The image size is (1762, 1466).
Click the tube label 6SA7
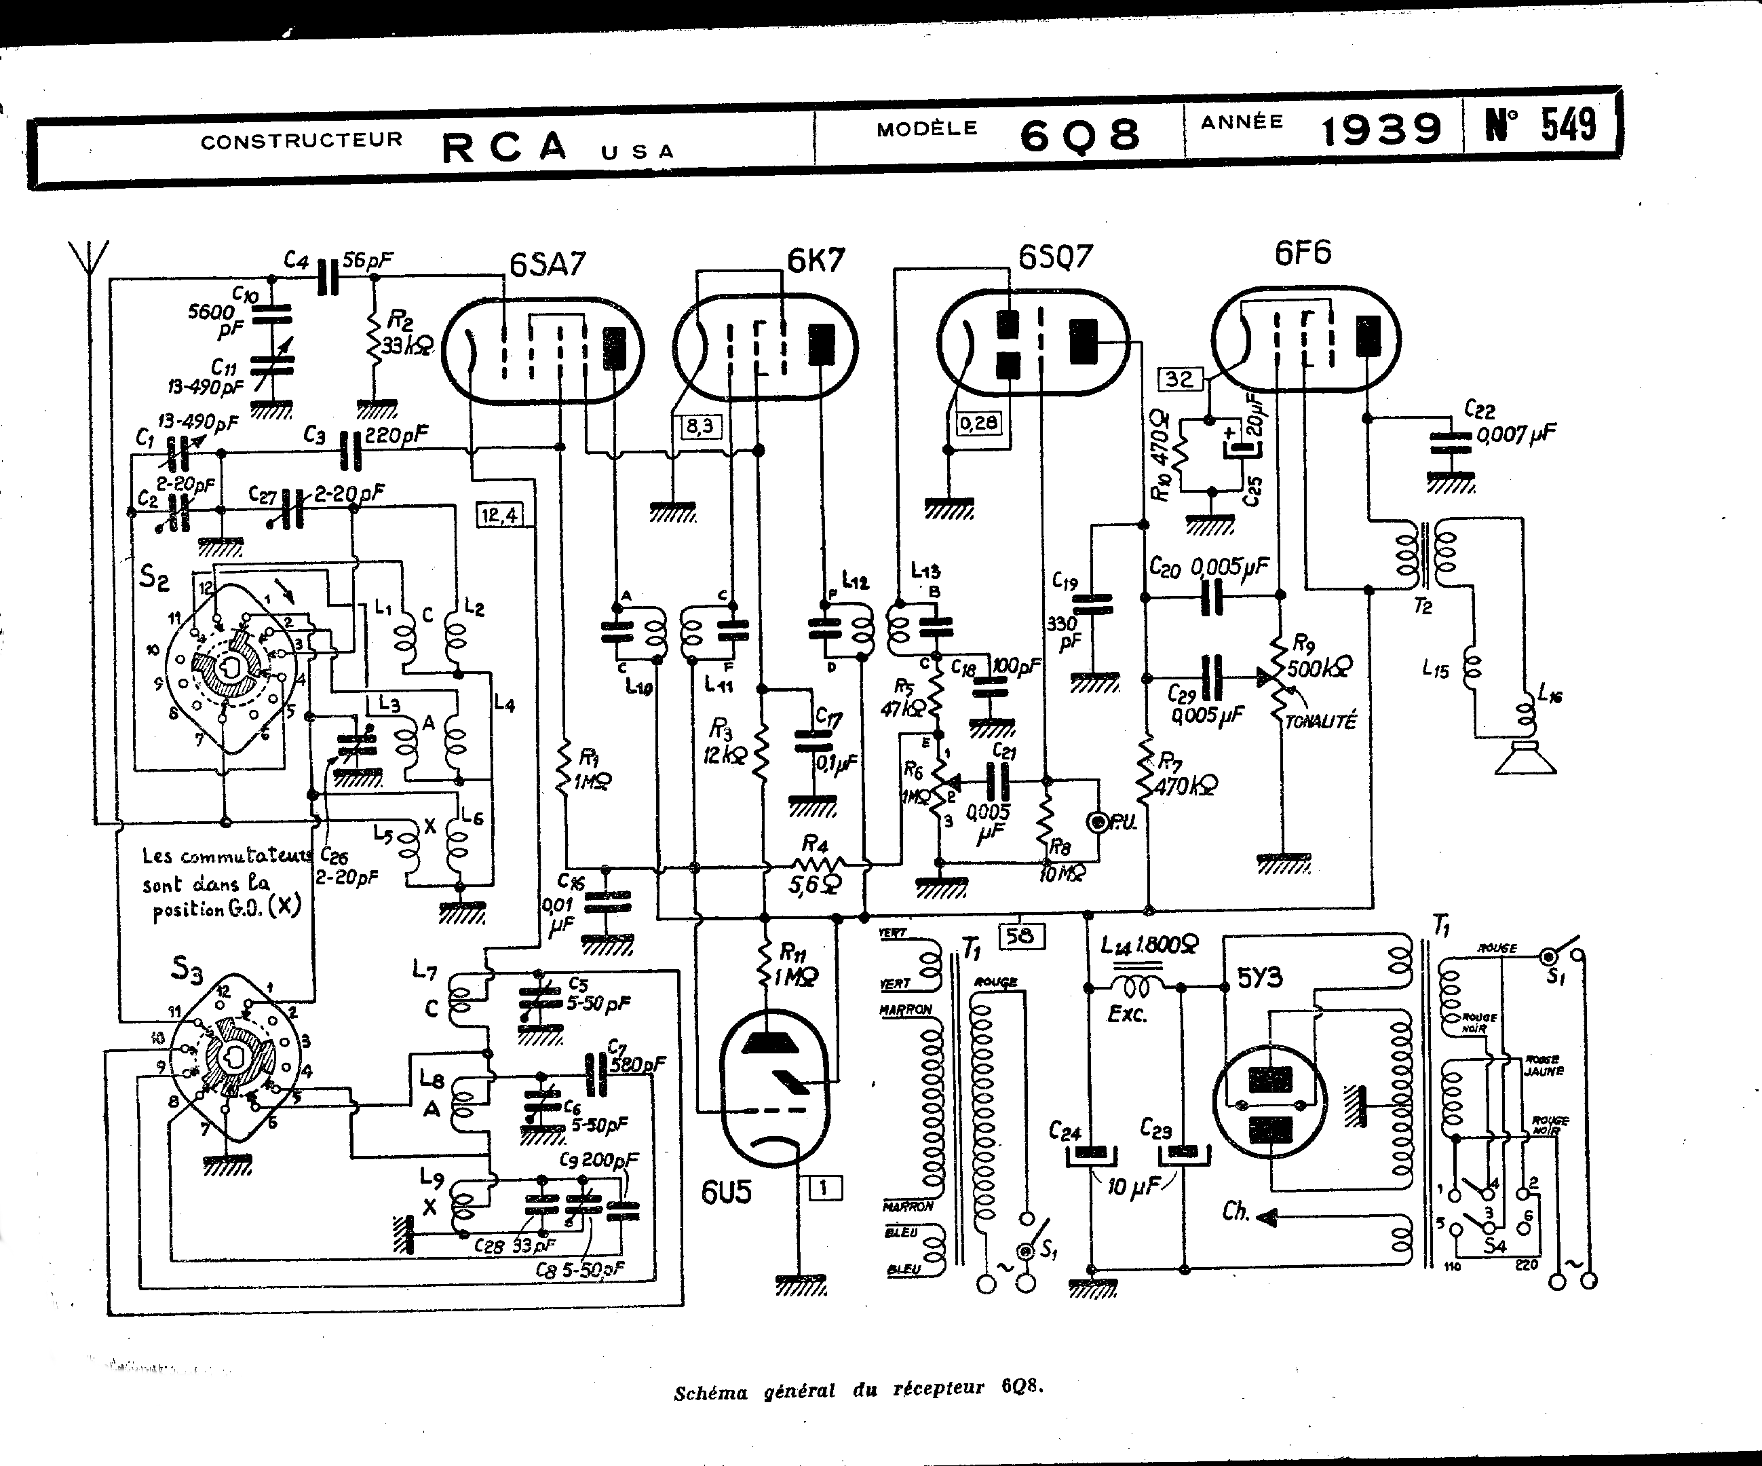pos(547,265)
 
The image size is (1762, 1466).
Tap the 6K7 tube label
pos(816,261)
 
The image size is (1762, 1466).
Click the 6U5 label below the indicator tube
pos(727,1192)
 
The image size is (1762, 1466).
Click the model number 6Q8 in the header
pos(1080,134)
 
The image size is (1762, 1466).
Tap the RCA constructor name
pos(504,147)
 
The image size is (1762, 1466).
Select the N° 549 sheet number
pos(1541,125)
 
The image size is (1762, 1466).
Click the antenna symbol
pos(89,256)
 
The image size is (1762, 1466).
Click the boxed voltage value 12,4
pos(499,514)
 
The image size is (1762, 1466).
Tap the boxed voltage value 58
pos(1020,935)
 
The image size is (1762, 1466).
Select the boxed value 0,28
pos(978,422)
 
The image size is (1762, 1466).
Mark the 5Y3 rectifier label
pos(1259,979)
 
